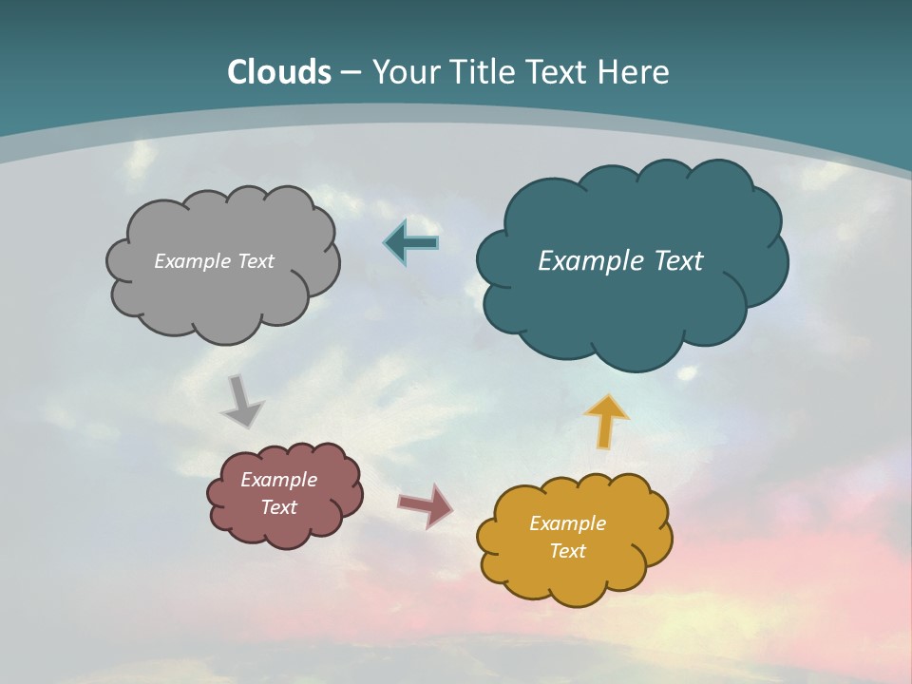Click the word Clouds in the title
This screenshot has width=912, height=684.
[279, 72]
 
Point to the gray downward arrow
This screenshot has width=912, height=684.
[241, 401]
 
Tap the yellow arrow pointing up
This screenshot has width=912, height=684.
[606, 421]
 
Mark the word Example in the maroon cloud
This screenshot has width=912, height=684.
[279, 480]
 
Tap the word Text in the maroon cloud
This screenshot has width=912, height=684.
[279, 507]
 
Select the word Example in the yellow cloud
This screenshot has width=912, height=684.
[567, 523]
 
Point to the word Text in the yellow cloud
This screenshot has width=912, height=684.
[567, 551]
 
